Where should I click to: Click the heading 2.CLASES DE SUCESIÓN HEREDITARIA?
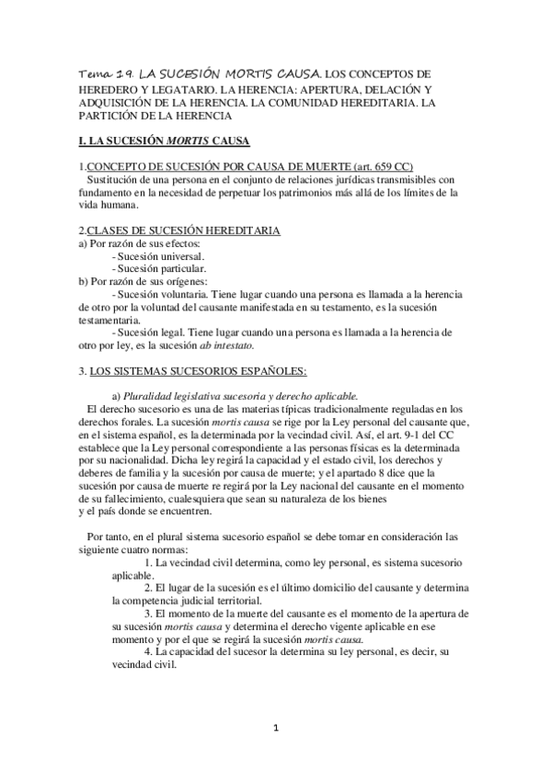pos(179,229)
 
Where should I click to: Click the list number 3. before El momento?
pos(149,612)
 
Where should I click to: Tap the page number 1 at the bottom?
pos(276,730)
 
